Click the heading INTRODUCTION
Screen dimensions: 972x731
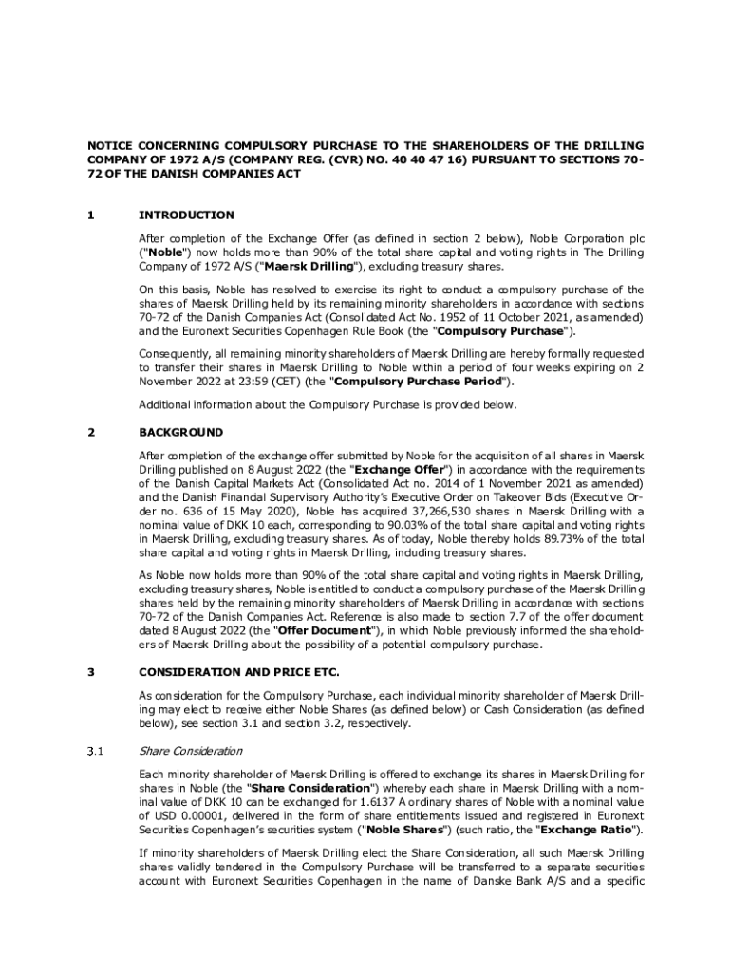[186, 215]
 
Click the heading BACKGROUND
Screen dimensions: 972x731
[180, 432]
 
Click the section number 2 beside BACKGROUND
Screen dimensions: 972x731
[91, 432]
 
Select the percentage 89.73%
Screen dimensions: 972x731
[560, 538]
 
